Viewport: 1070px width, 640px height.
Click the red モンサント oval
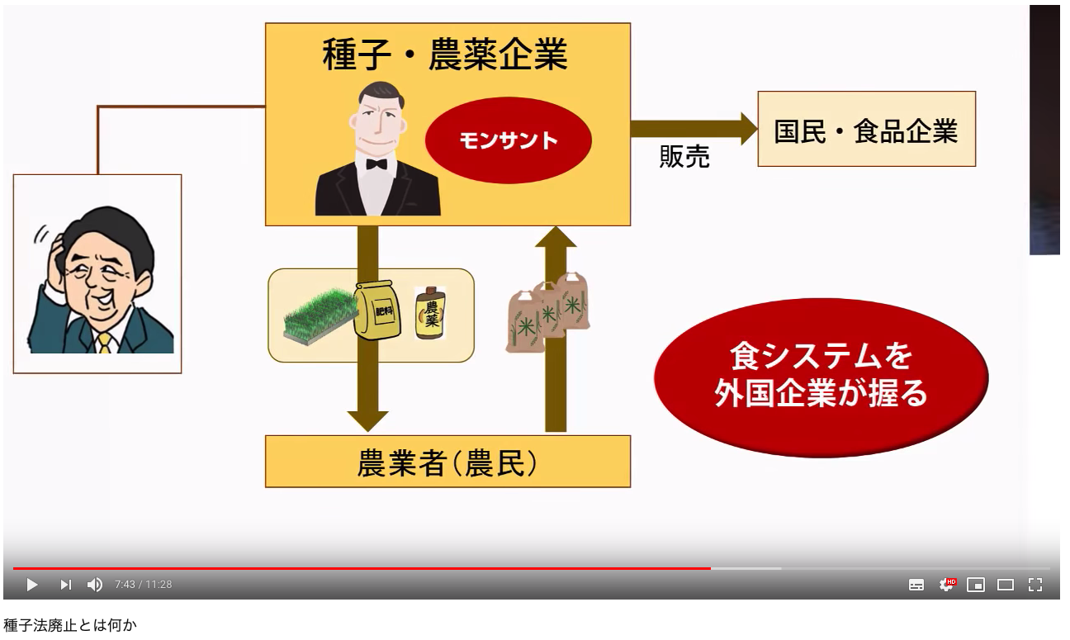point(508,140)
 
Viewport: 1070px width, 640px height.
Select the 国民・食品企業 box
point(866,130)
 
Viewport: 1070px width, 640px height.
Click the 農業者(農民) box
point(447,462)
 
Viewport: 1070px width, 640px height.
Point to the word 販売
point(684,157)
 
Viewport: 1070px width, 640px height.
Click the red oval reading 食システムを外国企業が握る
point(821,376)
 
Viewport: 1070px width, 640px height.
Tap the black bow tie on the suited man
point(376,164)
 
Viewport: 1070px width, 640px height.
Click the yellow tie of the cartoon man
point(104,341)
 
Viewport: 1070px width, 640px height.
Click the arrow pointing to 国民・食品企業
point(693,129)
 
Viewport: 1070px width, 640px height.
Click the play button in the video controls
point(32,585)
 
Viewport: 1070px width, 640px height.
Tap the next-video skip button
point(65,585)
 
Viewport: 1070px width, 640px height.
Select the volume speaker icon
point(95,585)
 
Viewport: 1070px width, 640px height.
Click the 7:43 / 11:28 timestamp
point(143,585)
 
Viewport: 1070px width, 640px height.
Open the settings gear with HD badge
point(947,585)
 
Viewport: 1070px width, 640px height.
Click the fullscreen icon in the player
point(1035,585)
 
